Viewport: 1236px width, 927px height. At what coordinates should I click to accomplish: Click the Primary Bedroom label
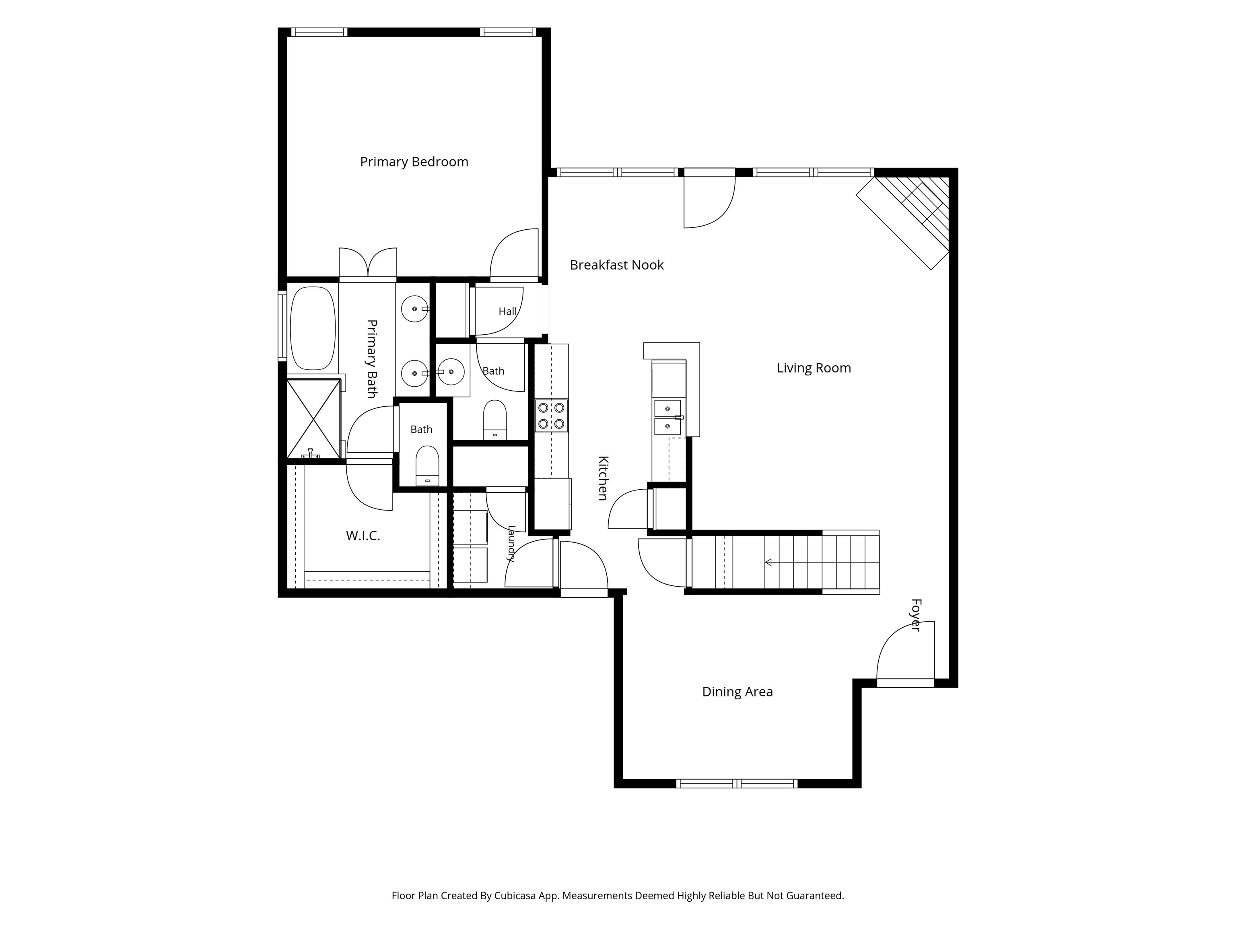[x=414, y=162]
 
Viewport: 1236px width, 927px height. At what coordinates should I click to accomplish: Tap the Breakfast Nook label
[x=616, y=265]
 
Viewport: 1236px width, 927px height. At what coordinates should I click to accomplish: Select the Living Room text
[x=814, y=368]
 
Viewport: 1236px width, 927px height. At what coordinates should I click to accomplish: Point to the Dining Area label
[x=737, y=692]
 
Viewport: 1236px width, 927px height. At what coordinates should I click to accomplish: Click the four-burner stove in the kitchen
[x=552, y=416]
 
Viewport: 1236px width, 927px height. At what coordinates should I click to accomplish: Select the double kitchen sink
[x=668, y=417]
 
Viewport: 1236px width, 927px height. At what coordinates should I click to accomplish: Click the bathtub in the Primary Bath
[x=313, y=329]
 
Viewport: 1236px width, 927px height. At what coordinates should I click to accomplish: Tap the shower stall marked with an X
[x=313, y=419]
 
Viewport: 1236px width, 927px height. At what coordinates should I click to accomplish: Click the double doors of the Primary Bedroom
[x=368, y=263]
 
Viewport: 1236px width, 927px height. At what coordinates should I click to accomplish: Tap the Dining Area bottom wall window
[x=736, y=783]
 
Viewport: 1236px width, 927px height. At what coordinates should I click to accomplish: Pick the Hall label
[x=507, y=312]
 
